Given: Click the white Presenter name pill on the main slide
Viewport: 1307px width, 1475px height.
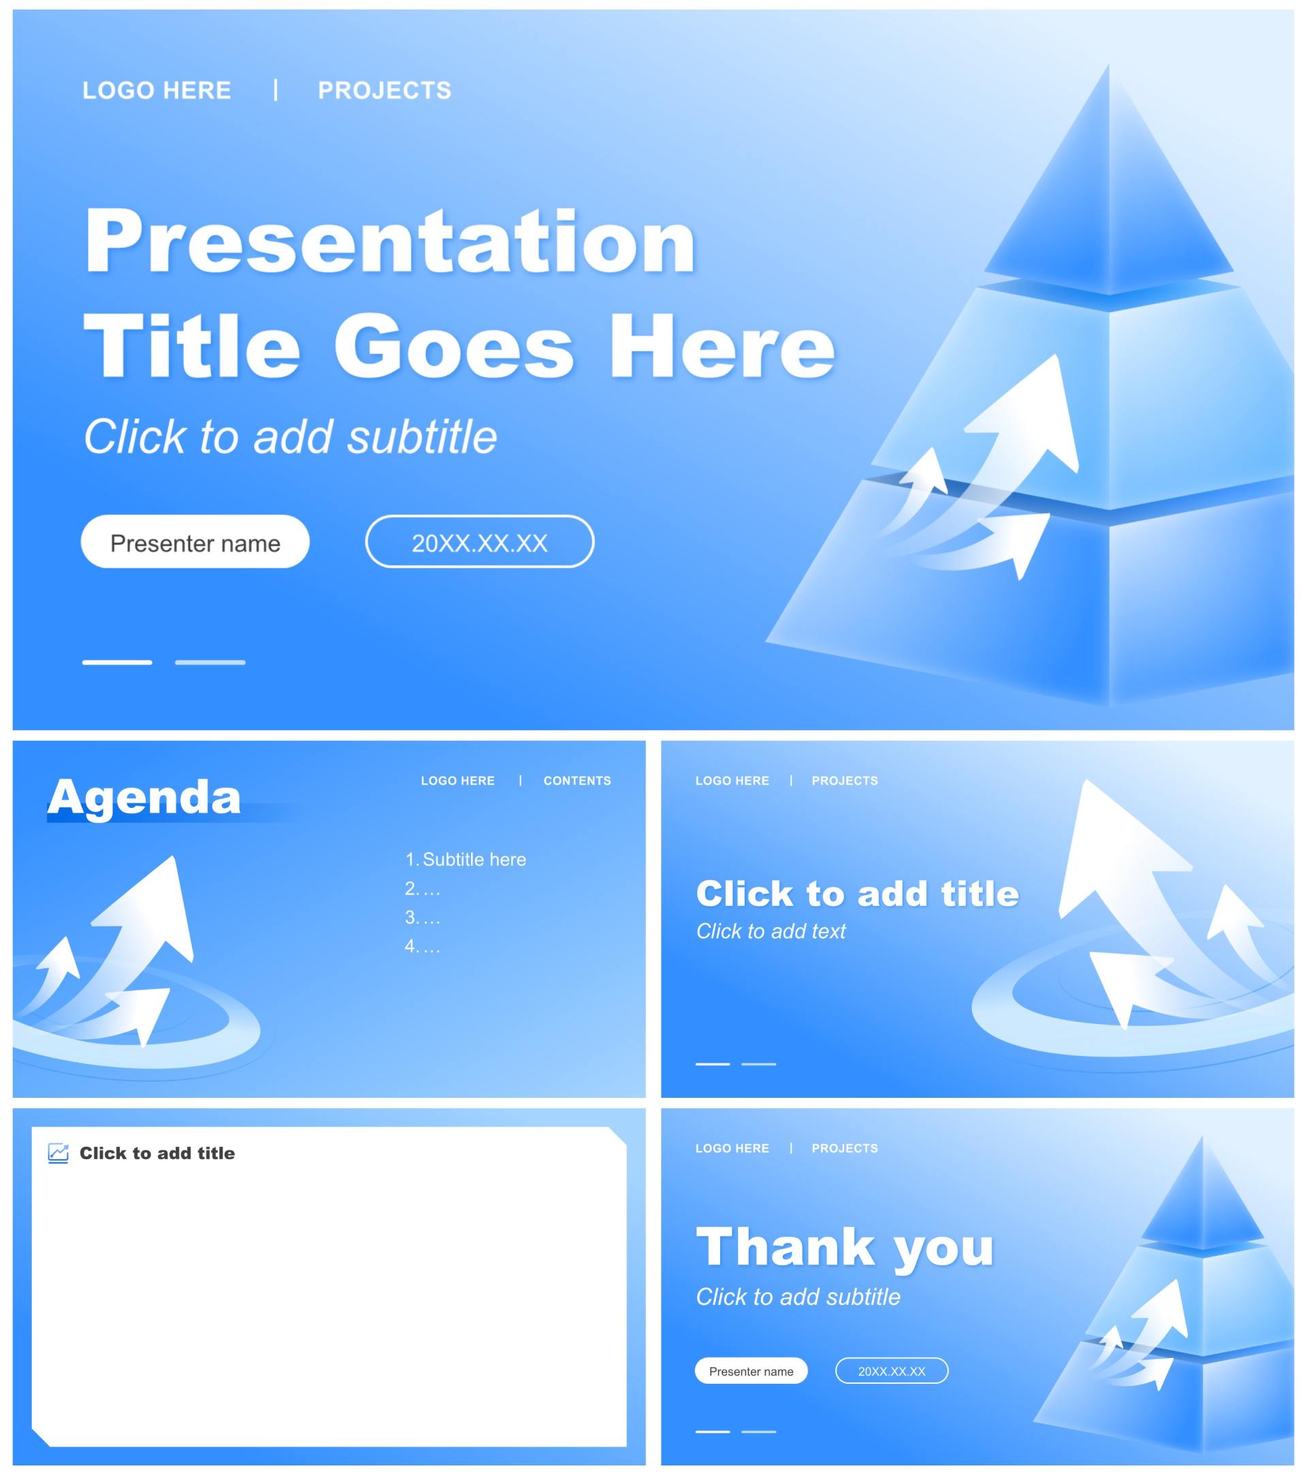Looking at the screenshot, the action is tap(195, 541).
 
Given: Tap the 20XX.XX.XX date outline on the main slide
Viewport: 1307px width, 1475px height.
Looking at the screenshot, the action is tap(479, 541).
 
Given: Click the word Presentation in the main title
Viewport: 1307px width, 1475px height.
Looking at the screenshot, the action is tap(390, 242).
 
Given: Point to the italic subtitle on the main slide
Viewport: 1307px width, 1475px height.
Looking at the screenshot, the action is tap(290, 436).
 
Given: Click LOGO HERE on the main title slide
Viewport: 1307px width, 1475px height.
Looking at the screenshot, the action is tap(157, 91).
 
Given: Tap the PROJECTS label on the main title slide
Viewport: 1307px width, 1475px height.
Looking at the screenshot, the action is tap(385, 91).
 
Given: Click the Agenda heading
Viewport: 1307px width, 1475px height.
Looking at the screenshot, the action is tap(144, 797).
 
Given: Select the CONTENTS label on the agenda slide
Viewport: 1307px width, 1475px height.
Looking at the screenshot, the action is tap(577, 781).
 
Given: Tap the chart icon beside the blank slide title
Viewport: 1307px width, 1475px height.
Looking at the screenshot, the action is tap(59, 1153).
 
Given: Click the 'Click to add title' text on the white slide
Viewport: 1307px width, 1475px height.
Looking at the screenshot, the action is tap(157, 1153).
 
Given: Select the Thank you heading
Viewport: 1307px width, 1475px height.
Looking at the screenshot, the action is tap(844, 1248).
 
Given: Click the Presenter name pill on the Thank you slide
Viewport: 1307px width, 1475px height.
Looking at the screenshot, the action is tap(751, 1371).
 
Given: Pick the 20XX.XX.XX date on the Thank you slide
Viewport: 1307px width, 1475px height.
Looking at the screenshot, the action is tap(891, 1371).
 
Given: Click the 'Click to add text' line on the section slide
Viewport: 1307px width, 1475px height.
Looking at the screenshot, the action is tap(770, 932).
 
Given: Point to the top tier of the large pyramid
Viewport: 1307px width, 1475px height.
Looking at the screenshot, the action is tap(1110, 195).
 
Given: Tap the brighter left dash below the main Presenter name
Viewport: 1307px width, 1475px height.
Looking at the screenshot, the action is tap(117, 662).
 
